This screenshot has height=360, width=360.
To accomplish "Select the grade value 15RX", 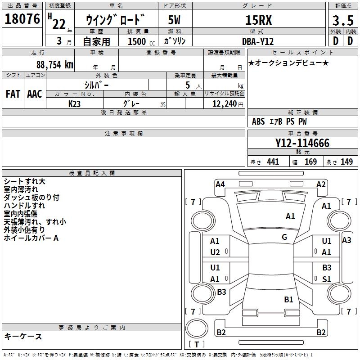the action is click(x=258, y=20).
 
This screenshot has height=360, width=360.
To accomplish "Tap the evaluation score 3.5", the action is click(x=342, y=20).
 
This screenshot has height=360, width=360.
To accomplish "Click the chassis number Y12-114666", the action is click(x=302, y=143).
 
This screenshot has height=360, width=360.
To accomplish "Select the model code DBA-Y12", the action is click(x=258, y=41).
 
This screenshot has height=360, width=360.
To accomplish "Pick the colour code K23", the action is click(x=75, y=103).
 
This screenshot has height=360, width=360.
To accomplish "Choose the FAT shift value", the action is click(x=13, y=94).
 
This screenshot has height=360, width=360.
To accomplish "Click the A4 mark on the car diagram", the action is click(x=220, y=184).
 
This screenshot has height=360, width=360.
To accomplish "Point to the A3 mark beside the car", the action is click(x=346, y=240).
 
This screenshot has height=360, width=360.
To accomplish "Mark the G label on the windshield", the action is click(x=284, y=237).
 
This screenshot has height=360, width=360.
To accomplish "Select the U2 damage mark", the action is click(x=215, y=252).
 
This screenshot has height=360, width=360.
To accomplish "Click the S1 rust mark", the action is click(x=327, y=279).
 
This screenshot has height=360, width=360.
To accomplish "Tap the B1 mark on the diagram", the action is click(x=288, y=299).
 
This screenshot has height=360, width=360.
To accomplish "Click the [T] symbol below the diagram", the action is click(x=196, y=345).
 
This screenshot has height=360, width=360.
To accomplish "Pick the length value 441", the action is click(x=273, y=162).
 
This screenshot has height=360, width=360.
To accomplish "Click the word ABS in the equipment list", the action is click(x=258, y=121).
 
